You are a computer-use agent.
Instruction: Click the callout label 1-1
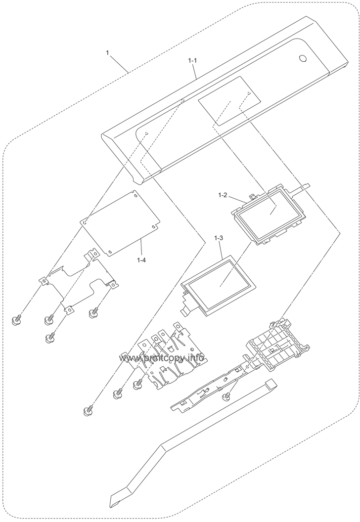(192, 60)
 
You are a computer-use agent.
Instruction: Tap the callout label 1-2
(222, 195)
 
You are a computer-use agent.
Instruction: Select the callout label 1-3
(219, 238)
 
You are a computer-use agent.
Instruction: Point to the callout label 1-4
(141, 258)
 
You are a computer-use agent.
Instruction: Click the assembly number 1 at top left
(108, 52)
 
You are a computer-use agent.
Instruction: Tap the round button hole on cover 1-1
(302, 59)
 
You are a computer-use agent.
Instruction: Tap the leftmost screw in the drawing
(15, 321)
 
